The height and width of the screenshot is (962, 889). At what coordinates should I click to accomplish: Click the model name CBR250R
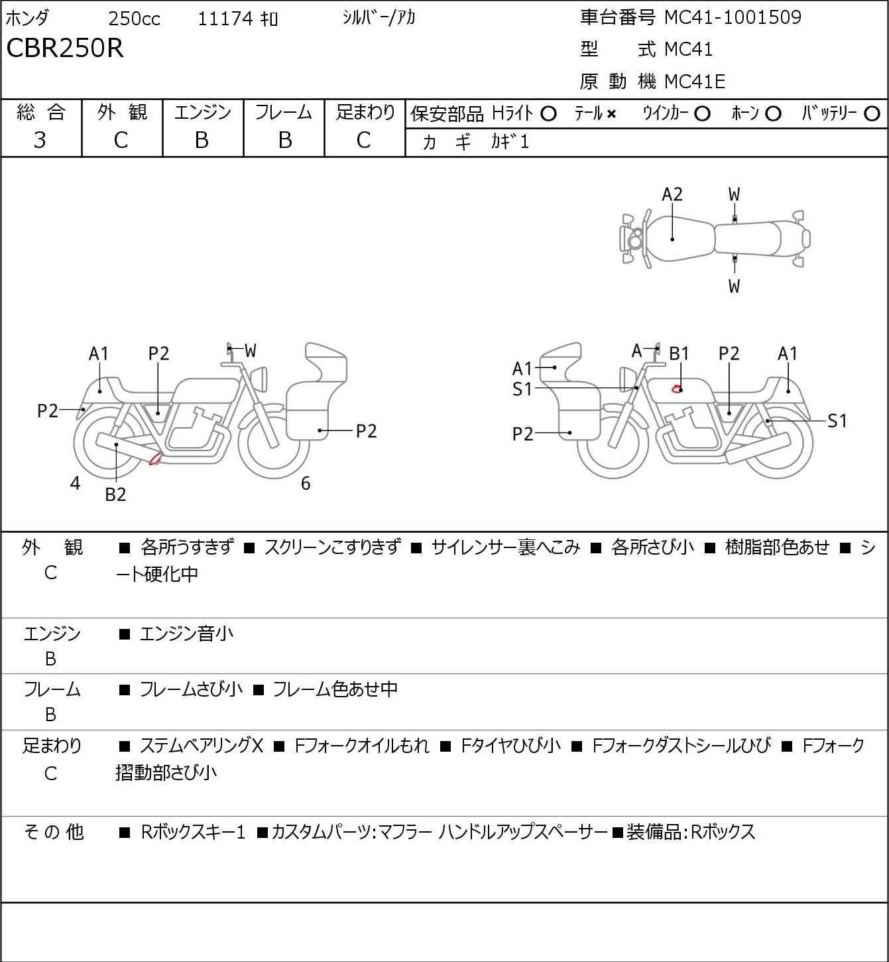click(65, 48)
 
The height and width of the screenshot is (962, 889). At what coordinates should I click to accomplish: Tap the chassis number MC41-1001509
click(733, 17)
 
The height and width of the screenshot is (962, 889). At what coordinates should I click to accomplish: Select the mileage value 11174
click(225, 19)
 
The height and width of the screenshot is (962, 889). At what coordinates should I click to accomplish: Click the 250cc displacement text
click(134, 19)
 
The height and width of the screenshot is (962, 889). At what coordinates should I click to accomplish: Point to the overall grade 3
click(40, 141)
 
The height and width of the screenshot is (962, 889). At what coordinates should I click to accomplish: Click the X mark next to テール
click(611, 114)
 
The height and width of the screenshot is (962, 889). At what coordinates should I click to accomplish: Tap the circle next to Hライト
click(548, 114)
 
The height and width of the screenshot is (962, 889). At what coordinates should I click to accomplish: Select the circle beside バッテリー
click(872, 114)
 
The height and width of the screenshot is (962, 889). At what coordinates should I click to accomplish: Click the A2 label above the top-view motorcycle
click(672, 194)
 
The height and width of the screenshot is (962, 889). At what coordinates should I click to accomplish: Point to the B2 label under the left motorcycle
click(116, 494)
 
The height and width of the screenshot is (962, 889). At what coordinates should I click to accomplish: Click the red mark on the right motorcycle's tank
click(676, 389)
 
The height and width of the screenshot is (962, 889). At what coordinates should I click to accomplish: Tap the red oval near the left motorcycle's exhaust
click(155, 458)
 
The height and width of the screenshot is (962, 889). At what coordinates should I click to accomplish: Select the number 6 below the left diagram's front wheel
click(306, 484)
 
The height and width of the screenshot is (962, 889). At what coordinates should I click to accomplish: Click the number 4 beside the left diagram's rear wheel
click(75, 483)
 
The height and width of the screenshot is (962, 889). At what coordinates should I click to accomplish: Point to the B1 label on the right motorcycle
click(679, 354)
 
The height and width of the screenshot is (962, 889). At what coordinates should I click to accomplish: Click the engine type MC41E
click(695, 82)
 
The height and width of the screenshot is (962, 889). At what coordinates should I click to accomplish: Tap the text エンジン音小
click(186, 634)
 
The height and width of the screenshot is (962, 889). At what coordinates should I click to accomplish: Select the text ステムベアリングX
click(202, 746)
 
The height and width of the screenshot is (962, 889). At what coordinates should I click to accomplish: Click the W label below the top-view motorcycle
click(734, 286)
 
